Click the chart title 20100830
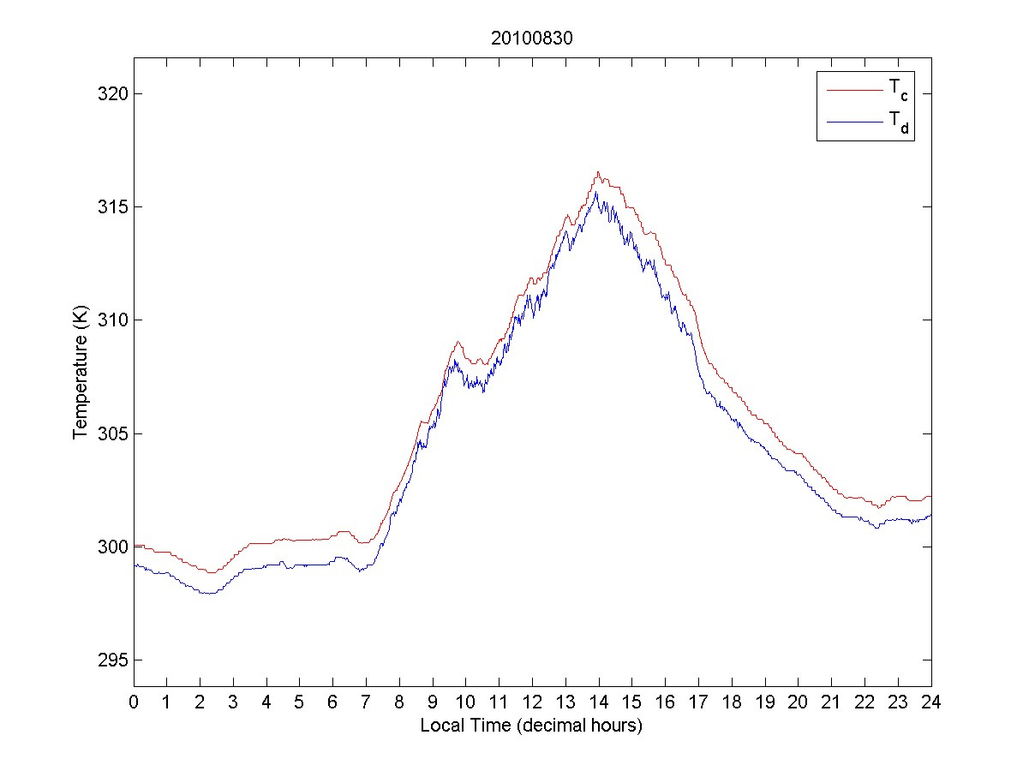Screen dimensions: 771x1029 (532, 39)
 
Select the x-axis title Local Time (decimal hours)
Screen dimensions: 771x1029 (532, 726)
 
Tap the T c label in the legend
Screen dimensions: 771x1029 (898, 89)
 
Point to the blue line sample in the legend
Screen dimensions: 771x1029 (853, 123)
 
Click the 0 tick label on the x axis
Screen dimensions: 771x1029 (134, 702)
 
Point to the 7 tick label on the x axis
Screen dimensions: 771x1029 (367, 702)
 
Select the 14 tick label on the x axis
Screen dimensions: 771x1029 (599, 702)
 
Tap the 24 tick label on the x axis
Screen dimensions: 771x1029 (931, 702)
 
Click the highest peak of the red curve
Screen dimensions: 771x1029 (598, 172)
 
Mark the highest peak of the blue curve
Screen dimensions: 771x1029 (596, 192)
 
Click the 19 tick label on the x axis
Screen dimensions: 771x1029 (765, 702)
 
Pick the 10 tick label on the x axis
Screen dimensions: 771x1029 (466, 702)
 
